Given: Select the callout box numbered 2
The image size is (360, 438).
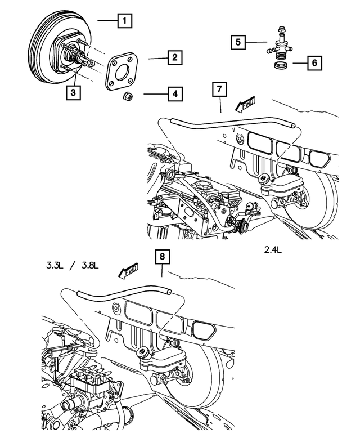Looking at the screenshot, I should pyautogui.click(x=175, y=57).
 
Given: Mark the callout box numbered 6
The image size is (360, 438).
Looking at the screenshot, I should pyautogui.click(x=314, y=62).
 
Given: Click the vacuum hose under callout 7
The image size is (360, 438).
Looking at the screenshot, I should pyautogui.click(x=225, y=120).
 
